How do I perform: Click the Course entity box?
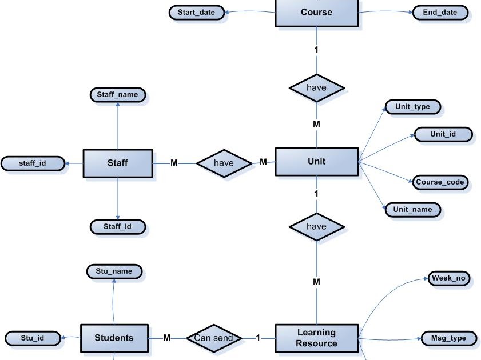point(316,13)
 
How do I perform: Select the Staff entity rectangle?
point(118,163)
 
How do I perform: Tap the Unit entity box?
point(316,162)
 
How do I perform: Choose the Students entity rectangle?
point(114,338)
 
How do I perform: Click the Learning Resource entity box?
point(316,338)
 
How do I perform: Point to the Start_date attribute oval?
point(196,13)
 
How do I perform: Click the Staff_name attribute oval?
point(118,94)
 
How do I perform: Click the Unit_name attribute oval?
point(412,210)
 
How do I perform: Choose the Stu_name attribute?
point(114,271)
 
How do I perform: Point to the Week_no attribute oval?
point(448,279)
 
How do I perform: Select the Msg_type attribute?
point(448,338)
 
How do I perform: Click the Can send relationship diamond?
point(213,338)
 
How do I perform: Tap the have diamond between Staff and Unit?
point(224,163)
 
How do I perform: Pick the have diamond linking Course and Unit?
point(316,88)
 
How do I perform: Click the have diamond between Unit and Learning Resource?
point(316,227)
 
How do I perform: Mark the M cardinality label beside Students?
point(166,338)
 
